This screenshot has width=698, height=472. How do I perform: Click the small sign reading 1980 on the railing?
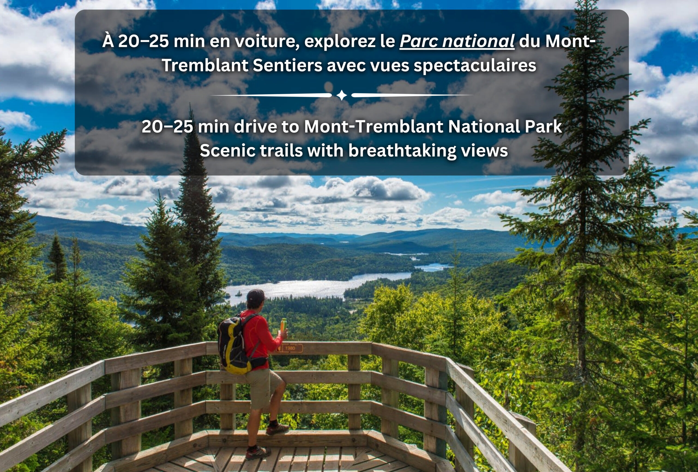click(x=289, y=348)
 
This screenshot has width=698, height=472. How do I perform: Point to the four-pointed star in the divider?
click(x=341, y=95)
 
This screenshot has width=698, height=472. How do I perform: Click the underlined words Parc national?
click(x=457, y=41)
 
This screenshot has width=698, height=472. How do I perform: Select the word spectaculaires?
click(x=475, y=66)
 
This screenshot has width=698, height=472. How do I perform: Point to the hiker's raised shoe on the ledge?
click(x=277, y=429)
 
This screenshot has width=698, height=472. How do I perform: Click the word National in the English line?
click(x=483, y=127)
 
